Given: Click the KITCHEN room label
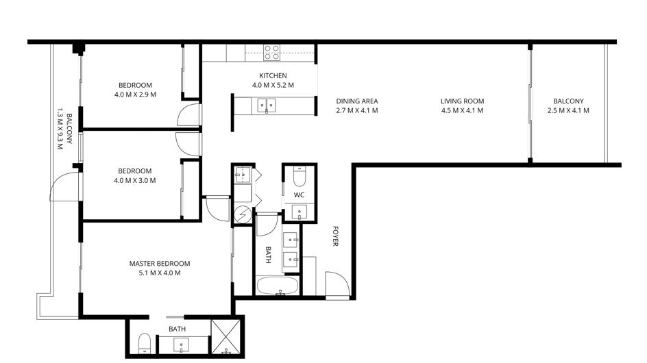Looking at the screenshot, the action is coord(273,75).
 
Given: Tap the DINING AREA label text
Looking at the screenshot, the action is coord(357,101).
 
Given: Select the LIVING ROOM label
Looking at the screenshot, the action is coord(462,101).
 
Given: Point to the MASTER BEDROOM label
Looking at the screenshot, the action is coord(160,264).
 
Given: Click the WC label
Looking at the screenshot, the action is coord(299,195).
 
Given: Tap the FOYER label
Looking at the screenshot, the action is coord(335,236).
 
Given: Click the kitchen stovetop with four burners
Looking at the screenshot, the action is coord(272,52).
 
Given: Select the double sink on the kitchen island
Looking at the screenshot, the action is coord(267,105).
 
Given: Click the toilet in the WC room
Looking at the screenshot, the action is coord(299,176).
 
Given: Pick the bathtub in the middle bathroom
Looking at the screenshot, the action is coord(277,286).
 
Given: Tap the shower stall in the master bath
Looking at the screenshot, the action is coord(225,336).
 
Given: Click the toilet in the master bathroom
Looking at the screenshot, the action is coord(145,343).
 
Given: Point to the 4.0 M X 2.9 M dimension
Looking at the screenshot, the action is coord(135,95).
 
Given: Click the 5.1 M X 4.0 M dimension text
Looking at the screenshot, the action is coord(160,273).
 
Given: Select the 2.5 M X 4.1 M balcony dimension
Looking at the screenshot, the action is coord(568,110).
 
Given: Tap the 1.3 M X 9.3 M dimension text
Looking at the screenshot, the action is coord(60,129).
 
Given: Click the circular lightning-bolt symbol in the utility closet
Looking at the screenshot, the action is coord(242,214).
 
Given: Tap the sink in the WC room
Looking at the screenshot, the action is coord(299,212).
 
